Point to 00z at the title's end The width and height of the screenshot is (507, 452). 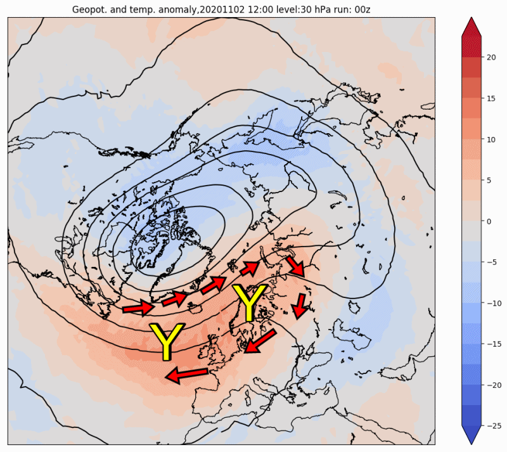point(363,10)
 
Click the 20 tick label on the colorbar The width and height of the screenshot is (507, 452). point(491,57)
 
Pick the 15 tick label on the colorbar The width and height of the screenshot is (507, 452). point(491,98)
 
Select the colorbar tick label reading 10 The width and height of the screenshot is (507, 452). point(491,139)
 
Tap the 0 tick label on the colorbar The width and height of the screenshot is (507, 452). point(489,221)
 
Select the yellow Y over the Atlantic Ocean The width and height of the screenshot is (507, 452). point(166,340)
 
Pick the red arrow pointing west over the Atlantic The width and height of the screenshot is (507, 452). point(186,375)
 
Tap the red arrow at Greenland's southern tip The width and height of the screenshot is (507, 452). point(138,307)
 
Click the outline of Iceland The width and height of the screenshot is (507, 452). point(196,309)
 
